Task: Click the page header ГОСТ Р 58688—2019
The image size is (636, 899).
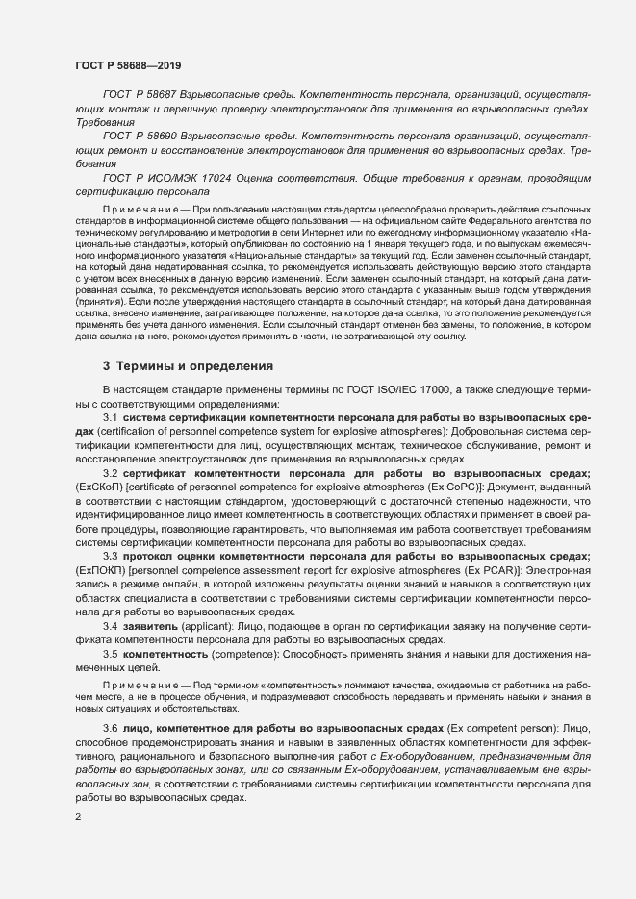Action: [127, 65]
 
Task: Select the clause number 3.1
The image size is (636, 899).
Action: [110, 419]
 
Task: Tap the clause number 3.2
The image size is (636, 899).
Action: [110, 475]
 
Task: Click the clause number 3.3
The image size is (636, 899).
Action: [110, 557]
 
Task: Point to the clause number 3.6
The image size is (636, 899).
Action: [110, 730]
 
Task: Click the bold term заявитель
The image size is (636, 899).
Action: [152, 626]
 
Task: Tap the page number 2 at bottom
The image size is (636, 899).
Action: [78, 817]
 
